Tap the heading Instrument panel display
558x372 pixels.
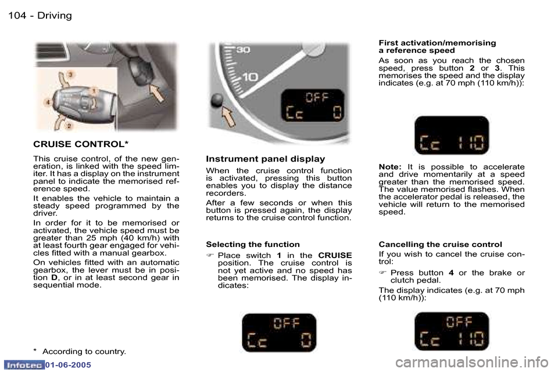coord(266,159)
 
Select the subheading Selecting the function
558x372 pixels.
coord(253,244)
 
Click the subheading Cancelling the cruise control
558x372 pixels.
coord(440,244)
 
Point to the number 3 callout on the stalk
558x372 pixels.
coord(71,74)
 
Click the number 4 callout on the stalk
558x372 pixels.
coord(48,102)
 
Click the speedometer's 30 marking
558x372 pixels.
coord(242,50)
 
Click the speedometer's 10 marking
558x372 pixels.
coord(250,77)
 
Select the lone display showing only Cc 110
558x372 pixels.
coord(452,135)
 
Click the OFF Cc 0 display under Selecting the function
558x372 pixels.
coord(279,332)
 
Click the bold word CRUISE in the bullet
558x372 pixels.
coord(335,256)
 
